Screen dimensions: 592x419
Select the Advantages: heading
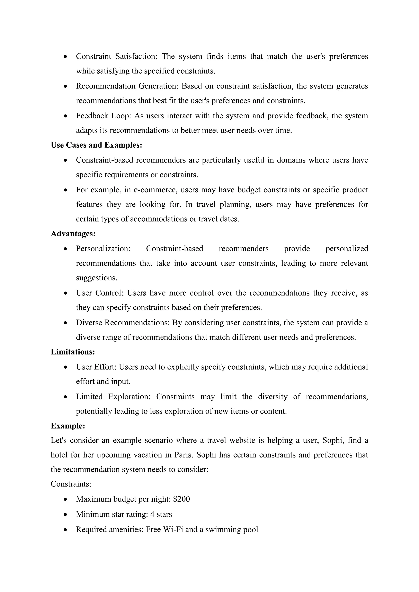click(73, 234)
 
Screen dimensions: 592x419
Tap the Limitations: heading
click(73, 352)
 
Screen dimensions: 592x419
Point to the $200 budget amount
click(182, 499)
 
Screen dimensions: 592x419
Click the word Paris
click(184, 455)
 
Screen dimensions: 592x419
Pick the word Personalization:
click(103, 249)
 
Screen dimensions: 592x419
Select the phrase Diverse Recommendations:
click(123, 323)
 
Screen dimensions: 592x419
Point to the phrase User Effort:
click(96, 367)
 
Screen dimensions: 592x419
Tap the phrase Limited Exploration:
click(113, 397)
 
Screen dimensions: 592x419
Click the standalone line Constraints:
click(71, 484)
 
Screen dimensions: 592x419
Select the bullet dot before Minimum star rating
click(66, 515)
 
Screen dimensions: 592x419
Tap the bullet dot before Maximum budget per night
click(66, 499)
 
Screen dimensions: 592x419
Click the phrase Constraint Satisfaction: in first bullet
click(116, 56)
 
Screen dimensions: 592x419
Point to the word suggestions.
click(97, 278)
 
